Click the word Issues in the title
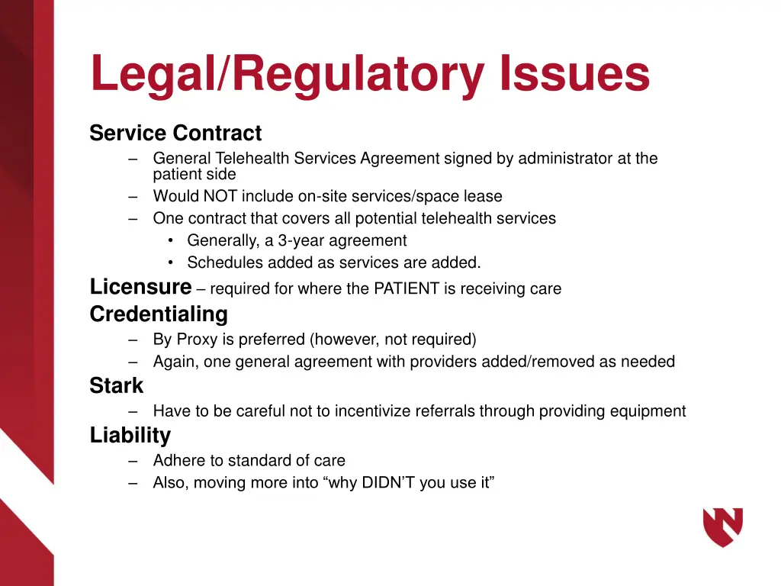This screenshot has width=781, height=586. pyautogui.click(x=574, y=74)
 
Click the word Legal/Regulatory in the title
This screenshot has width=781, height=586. pyautogui.click(x=287, y=74)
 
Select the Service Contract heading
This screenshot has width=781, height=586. pyautogui.click(x=175, y=134)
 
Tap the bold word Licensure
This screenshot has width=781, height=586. pyautogui.click(x=140, y=287)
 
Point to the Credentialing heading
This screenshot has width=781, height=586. pyautogui.click(x=159, y=314)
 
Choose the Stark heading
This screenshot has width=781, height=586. pyautogui.click(x=116, y=386)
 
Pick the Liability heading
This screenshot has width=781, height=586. pyautogui.click(x=130, y=436)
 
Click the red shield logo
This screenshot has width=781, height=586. pyautogui.click(x=722, y=527)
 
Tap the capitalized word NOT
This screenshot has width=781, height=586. pyautogui.click(x=220, y=196)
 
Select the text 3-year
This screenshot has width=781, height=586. pyautogui.click(x=304, y=241)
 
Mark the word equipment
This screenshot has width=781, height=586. pyautogui.click(x=648, y=411)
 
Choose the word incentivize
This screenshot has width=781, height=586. pyautogui.click(x=362, y=411)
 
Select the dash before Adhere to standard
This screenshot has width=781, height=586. pyautogui.click(x=134, y=461)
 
